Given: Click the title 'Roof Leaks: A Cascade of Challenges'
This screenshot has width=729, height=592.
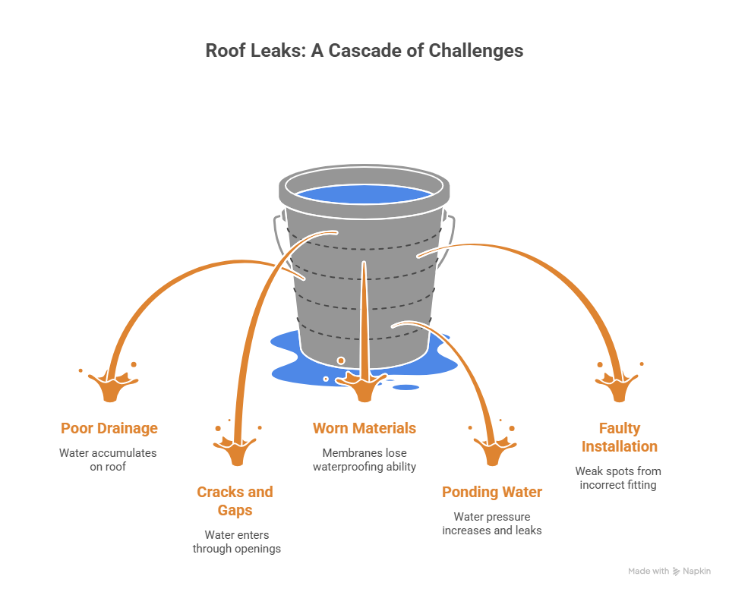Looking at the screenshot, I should pos(364,51).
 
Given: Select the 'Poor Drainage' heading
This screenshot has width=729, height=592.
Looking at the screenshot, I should pos(109,428).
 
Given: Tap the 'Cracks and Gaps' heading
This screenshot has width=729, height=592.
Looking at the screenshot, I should pos(235,501).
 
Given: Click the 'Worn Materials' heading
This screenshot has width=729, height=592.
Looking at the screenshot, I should pos(364,428).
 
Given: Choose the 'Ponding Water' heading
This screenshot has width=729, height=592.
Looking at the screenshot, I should pos(492,492).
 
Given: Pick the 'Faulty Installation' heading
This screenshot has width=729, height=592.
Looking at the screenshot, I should pos(619,437).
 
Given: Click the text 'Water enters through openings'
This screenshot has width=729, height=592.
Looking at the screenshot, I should pos(236,541).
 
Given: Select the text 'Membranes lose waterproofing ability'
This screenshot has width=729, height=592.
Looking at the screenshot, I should pos(364,459).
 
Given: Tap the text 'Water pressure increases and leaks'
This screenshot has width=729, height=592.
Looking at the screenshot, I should pos(492,523).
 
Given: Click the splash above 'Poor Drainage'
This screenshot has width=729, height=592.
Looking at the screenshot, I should pos(110,386).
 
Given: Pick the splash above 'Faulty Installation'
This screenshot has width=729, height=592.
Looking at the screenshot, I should pos(619,386).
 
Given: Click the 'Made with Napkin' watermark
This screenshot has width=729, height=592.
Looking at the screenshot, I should pos(669,571).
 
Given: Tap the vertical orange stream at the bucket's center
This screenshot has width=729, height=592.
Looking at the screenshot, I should pos(364,319).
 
